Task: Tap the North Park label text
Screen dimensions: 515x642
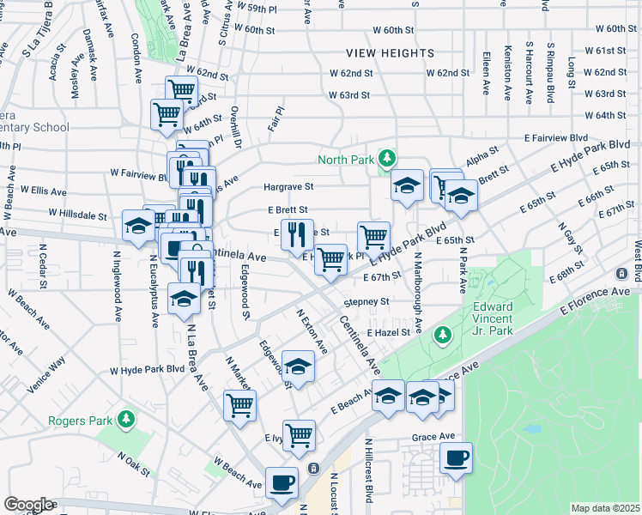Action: tap(347, 160)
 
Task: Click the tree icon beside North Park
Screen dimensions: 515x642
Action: tap(387, 158)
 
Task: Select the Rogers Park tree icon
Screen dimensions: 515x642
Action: tap(126, 418)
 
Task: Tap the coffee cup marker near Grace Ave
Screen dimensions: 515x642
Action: tap(457, 457)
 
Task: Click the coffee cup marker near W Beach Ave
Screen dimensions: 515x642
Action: tap(282, 482)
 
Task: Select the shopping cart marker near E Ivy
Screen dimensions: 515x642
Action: tap(299, 434)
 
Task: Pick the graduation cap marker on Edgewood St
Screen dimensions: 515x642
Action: tap(297, 367)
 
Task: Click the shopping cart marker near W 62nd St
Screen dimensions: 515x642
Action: tap(181, 89)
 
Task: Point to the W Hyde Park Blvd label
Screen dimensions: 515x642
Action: tap(147, 370)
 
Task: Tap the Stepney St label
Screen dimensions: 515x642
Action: tap(366, 302)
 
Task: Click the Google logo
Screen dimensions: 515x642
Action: tap(28, 505)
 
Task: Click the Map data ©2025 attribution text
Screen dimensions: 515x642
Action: tap(605, 508)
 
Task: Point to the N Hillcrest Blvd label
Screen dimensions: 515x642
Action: tap(369, 470)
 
